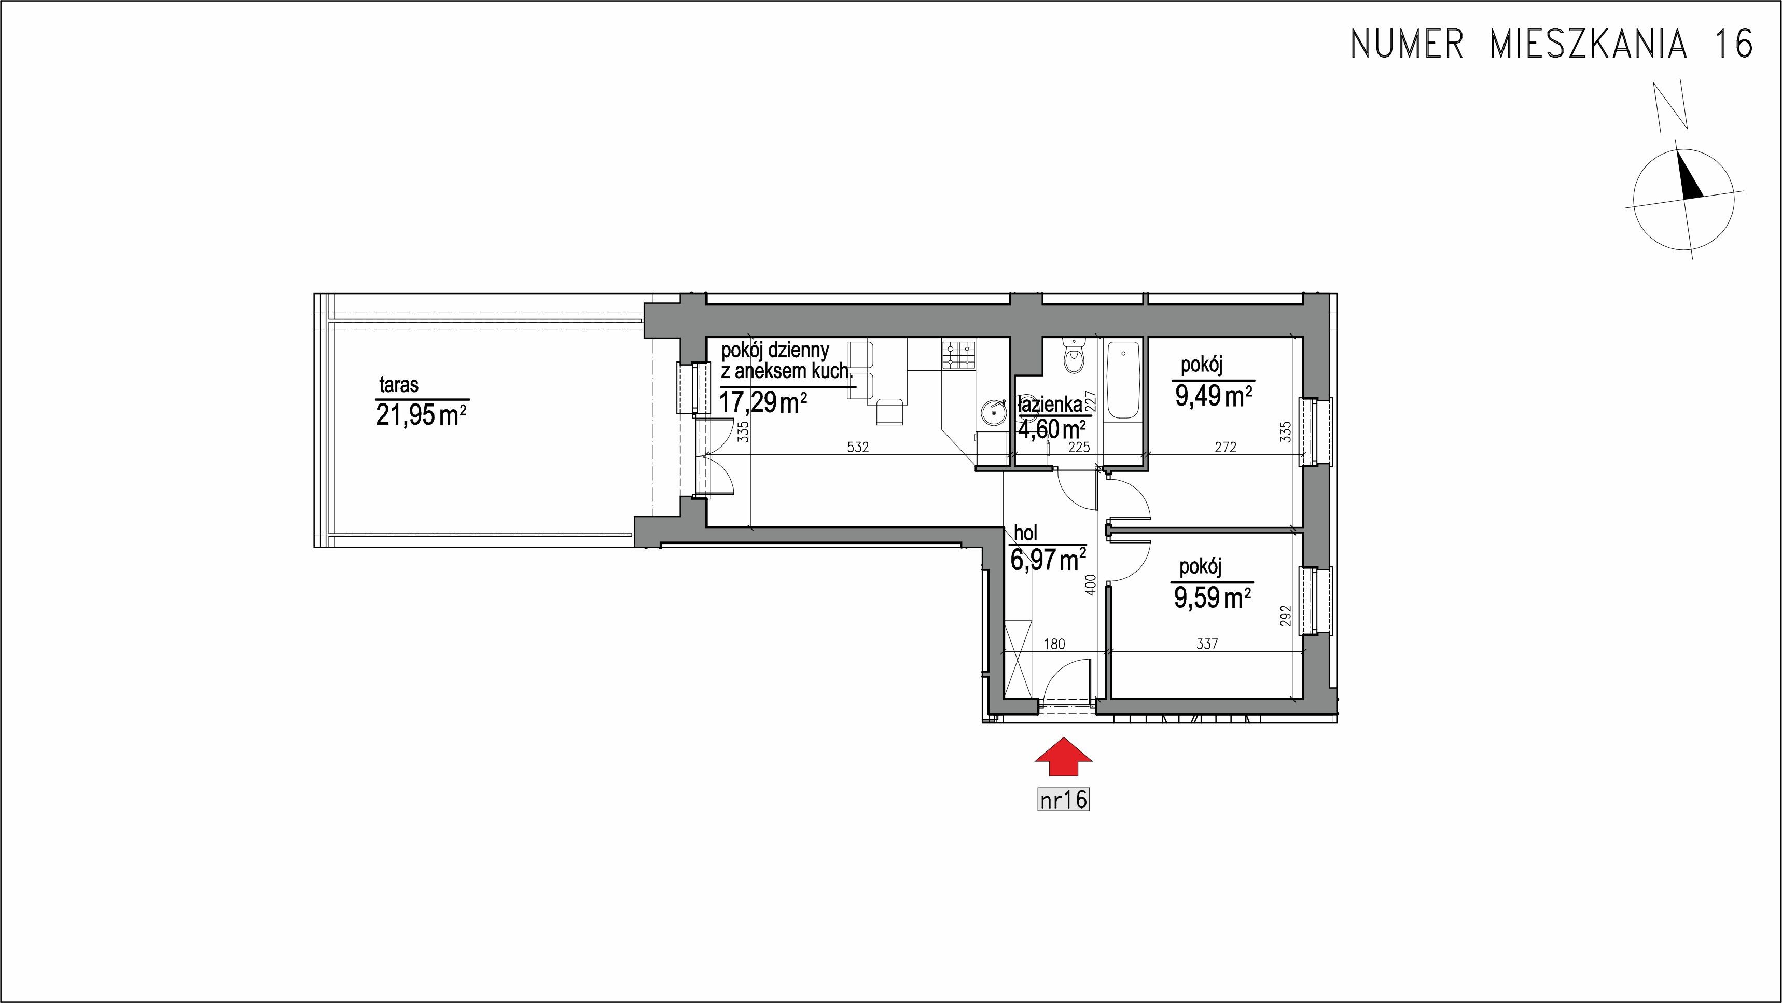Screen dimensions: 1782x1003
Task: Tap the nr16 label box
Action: click(1063, 800)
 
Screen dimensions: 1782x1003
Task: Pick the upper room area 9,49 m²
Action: click(1214, 396)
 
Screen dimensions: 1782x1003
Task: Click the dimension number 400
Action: click(1091, 585)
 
